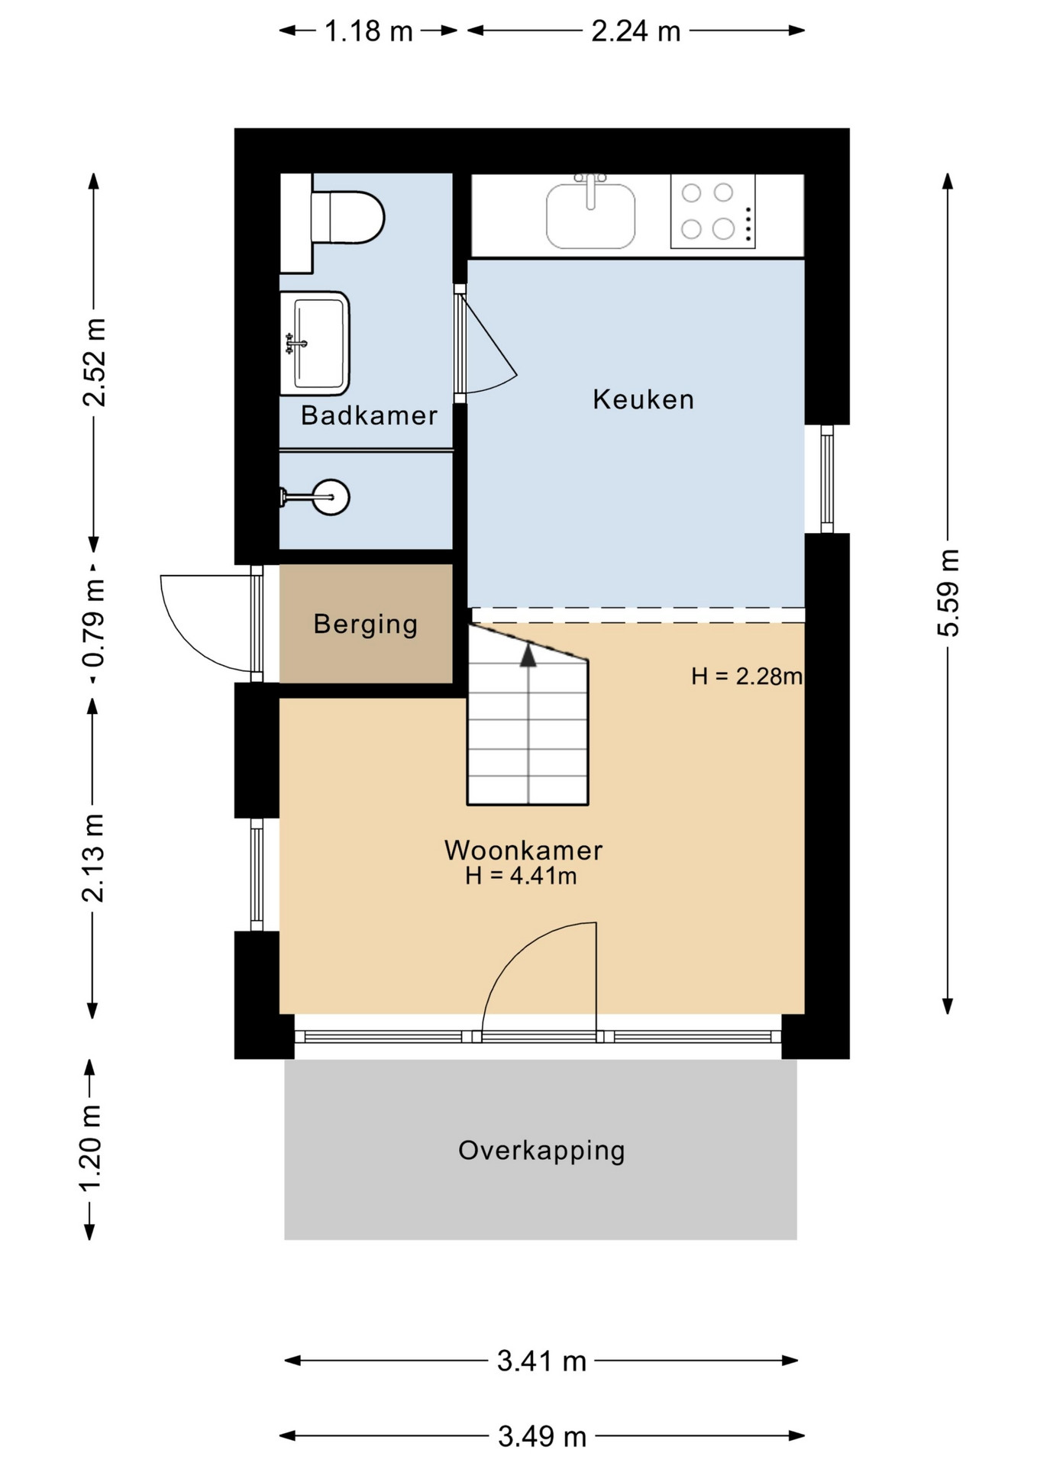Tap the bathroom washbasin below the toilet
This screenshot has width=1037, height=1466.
click(x=315, y=344)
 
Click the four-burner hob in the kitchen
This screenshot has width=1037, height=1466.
click(x=712, y=211)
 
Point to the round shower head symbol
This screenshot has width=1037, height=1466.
click(x=331, y=498)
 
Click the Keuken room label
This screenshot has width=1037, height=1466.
click(x=644, y=399)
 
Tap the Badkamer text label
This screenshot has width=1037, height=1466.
click(x=369, y=415)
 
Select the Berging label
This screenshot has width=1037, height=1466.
click(x=366, y=625)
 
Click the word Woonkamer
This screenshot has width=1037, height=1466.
click(x=524, y=850)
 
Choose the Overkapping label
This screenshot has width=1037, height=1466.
click(x=541, y=1151)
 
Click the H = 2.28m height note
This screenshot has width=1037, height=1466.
click(x=747, y=676)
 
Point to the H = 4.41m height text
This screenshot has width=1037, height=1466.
click(x=521, y=876)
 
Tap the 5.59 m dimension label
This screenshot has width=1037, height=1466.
click(x=948, y=593)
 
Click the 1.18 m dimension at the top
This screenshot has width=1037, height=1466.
click(x=369, y=31)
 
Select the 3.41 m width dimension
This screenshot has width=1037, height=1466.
click(x=541, y=1361)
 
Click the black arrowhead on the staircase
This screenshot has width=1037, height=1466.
click(x=528, y=654)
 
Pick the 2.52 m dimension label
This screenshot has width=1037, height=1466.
click(x=95, y=362)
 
